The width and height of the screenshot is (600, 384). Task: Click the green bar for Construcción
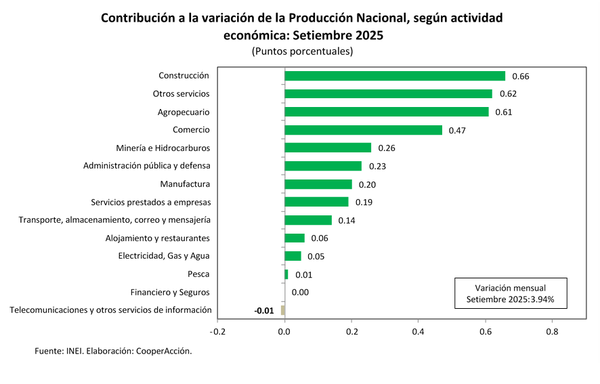(x=395, y=76)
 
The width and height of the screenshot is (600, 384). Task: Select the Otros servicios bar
(x=388, y=93)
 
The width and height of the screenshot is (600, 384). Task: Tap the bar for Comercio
(x=363, y=130)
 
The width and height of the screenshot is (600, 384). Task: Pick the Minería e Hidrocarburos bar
(x=328, y=148)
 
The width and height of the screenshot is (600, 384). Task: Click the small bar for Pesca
(x=286, y=274)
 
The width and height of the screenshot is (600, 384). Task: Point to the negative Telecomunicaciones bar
(x=283, y=310)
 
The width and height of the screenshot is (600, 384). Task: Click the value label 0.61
(x=503, y=112)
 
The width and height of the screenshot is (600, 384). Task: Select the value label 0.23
(x=377, y=166)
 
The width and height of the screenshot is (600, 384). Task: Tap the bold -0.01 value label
(x=264, y=311)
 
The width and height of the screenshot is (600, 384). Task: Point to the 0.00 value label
(x=300, y=293)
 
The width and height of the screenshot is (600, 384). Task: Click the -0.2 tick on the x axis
(x=217, y=332)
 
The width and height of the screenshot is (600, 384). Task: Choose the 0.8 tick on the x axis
(x=551, y=332)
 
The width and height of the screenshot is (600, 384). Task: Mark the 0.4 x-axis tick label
(x=418, y=332)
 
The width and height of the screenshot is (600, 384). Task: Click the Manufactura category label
(x=185, y=184)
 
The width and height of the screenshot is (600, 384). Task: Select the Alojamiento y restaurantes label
(x=157, y=238)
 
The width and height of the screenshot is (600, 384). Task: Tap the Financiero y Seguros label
(x=170, y=293)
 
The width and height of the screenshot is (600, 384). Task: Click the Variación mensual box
(x=510, y=293)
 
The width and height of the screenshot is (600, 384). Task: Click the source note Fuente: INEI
(x=113, y=351)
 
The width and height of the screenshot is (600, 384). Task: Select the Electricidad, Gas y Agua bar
(x=293, y=256)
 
